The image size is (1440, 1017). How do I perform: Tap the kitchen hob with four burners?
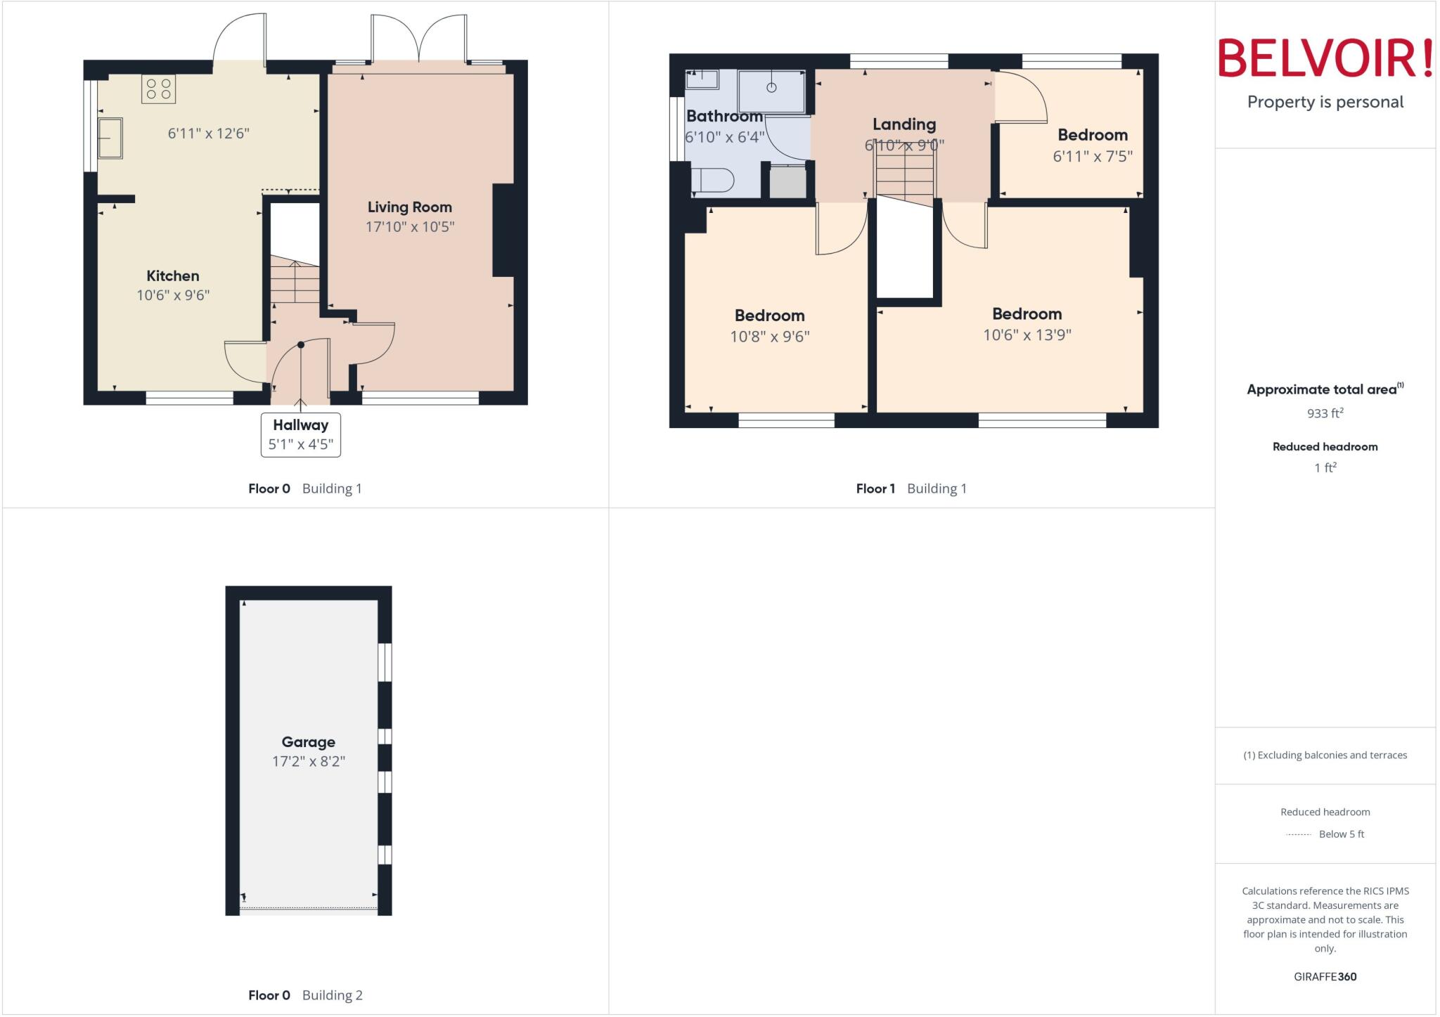point(158,89)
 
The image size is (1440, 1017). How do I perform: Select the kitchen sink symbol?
point(110,138)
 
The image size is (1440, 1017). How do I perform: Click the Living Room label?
point(409,207)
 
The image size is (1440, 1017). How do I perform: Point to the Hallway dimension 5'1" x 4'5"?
point(300,444)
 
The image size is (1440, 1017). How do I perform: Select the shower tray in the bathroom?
point(771,91)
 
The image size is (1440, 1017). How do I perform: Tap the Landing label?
point(904,124)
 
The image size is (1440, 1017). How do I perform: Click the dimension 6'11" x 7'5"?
point(1092,156)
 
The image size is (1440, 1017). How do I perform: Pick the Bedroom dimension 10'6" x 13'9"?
point(1027,335)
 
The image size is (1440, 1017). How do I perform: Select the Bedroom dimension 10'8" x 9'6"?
point(769,337)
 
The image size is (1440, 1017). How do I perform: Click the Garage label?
point(308,741)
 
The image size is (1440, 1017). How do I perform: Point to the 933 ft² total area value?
point(1325,413)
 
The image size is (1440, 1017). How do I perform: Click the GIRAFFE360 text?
point(1325,976)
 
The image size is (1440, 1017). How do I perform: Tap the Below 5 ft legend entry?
point(1341,834)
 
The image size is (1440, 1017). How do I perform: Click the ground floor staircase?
point(295,281)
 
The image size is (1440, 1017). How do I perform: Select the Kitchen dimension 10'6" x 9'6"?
point(173,295)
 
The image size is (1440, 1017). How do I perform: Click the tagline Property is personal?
point(1325,102)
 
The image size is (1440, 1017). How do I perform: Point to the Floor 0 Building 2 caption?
point(305,995)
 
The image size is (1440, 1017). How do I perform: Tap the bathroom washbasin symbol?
point(702,79)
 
